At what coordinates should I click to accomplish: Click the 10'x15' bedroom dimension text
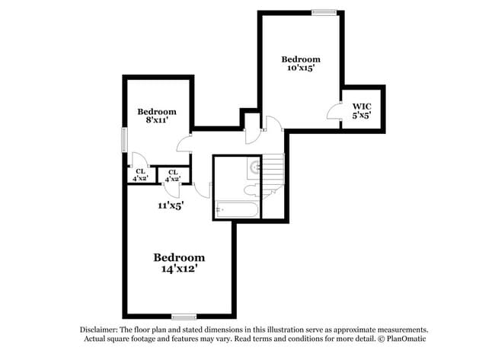301,68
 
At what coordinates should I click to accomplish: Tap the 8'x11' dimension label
155,120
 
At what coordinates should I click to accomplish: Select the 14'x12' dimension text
180,269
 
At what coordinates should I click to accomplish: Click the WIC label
361,107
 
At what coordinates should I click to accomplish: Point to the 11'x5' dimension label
171,205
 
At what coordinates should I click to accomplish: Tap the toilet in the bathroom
251,190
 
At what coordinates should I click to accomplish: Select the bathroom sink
254,167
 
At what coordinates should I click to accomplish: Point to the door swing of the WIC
334,112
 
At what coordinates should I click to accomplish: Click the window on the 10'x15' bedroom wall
324,11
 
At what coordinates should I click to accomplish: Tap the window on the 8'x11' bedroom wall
124,140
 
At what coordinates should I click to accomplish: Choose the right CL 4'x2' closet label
174,175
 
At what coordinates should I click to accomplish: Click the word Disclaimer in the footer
102,330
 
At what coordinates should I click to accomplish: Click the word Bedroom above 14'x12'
180,257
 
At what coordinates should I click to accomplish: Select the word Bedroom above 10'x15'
301,59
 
